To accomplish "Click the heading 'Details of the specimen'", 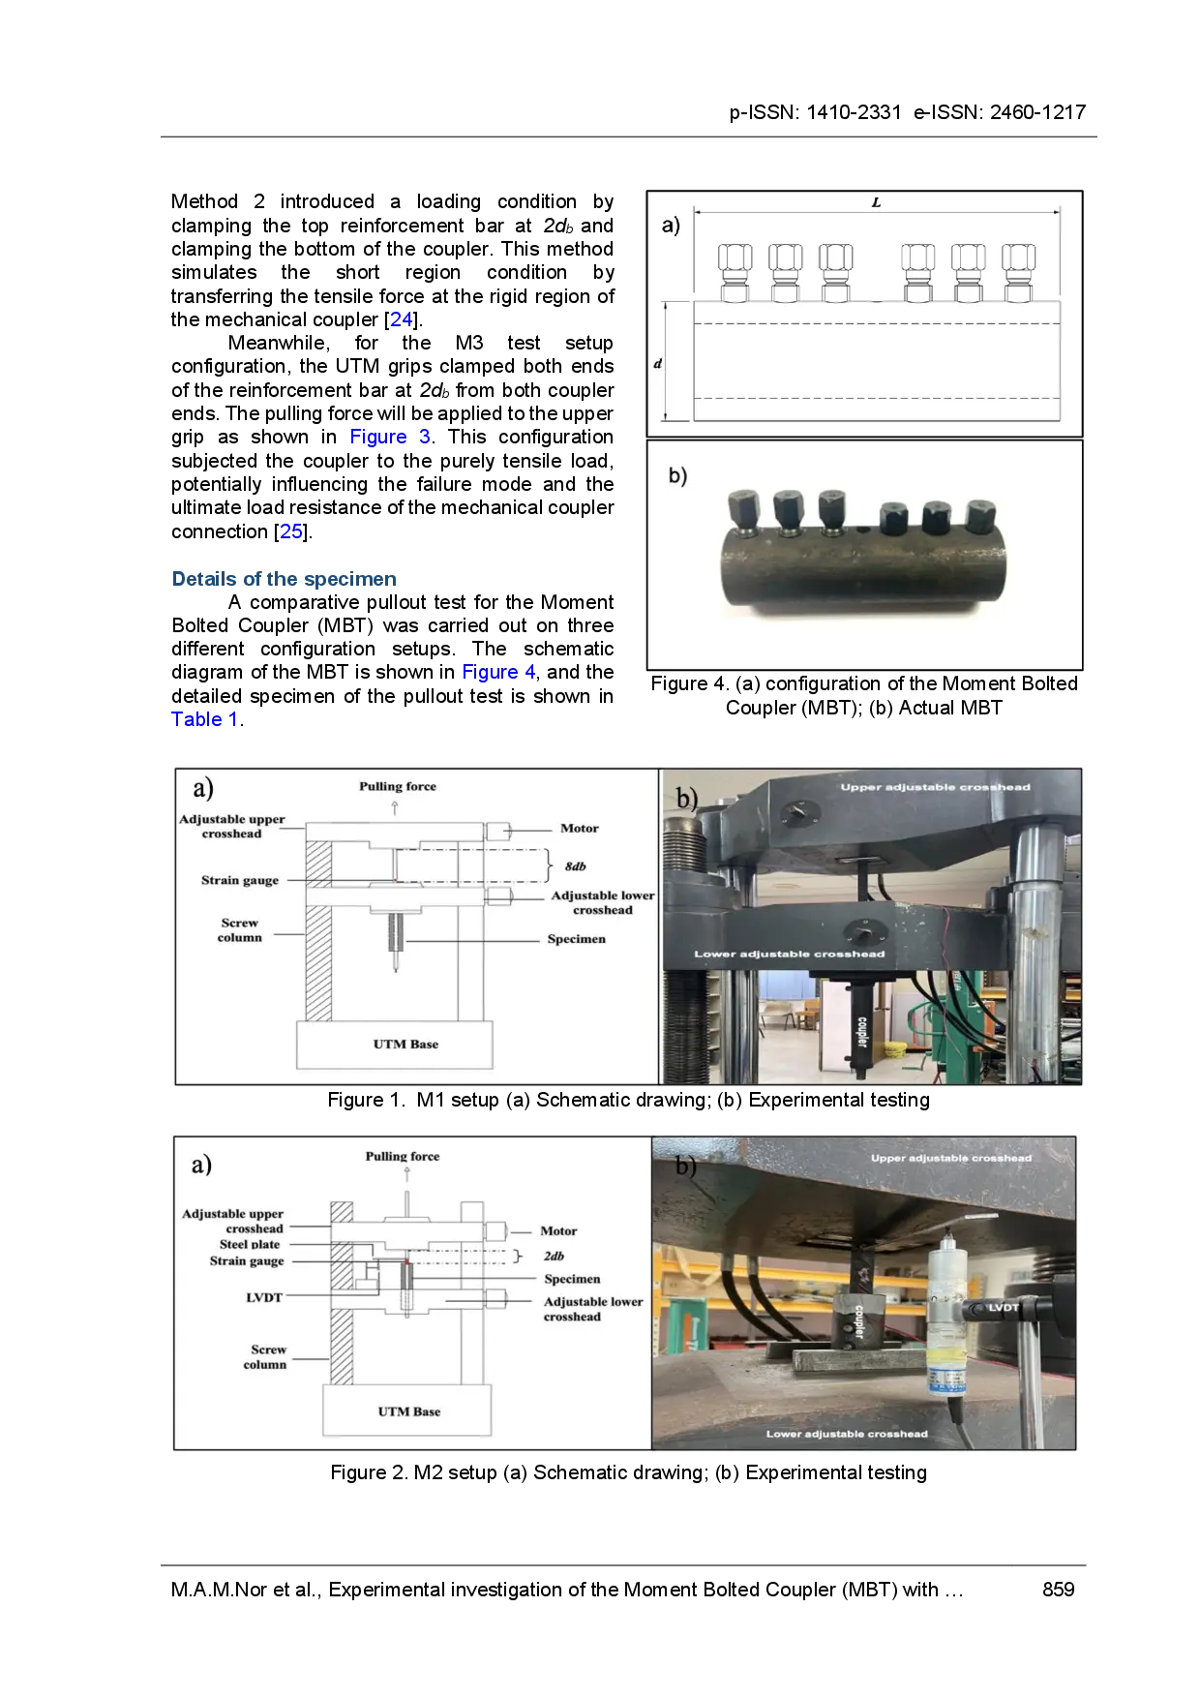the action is click(284, 579).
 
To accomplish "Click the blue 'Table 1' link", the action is click(204, 719).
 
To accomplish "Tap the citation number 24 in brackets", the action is click(402, 319).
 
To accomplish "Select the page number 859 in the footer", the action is click(1059, 1590).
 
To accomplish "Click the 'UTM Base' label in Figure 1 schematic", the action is click(405, 1045).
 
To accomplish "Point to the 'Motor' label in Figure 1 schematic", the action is click(580, 829).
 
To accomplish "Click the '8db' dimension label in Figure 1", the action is click(576, 866).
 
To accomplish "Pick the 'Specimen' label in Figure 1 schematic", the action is click(577, 939).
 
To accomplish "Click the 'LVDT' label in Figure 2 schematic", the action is click(264, 1298).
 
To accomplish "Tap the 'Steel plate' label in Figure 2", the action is click(250, 1245).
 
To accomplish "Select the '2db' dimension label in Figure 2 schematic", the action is click(554, 1257).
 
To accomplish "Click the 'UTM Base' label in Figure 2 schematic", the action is click(409, 1412).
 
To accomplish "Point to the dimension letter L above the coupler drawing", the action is click(876, 202).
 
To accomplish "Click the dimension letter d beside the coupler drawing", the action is click(658, 364).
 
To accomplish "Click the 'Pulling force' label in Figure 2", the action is click(403, 1157).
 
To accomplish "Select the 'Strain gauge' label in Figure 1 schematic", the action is click(240, 881).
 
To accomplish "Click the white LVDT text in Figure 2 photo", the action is click(1004, 1308).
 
